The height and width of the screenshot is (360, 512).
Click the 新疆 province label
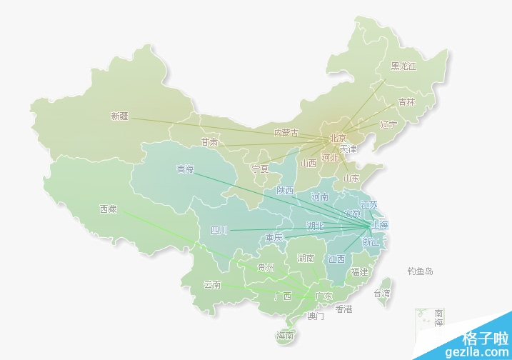pos(119,116)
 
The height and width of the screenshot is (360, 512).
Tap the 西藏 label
pos(108,209)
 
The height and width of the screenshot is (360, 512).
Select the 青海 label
pos(185,169)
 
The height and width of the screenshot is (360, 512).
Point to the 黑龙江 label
pos(403,66)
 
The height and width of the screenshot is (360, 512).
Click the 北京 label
pos(338,138)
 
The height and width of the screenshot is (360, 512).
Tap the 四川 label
pos(219,230)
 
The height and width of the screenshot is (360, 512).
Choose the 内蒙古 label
pos(286,133)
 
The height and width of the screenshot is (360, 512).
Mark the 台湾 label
pos(382,293)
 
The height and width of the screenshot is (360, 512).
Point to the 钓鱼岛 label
pos(421,271)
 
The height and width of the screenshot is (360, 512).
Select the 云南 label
pos(212,284)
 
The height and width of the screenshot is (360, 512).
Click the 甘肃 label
pos(209,142)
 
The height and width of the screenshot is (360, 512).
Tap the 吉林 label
pos(406,102)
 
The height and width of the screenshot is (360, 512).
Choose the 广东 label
pos(323,296)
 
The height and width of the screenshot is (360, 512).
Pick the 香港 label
pos(343,309)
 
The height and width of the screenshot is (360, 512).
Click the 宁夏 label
pos(260,169)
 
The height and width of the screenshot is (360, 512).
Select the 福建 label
pos(359,272)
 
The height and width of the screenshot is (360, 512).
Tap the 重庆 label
pos(274,237)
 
